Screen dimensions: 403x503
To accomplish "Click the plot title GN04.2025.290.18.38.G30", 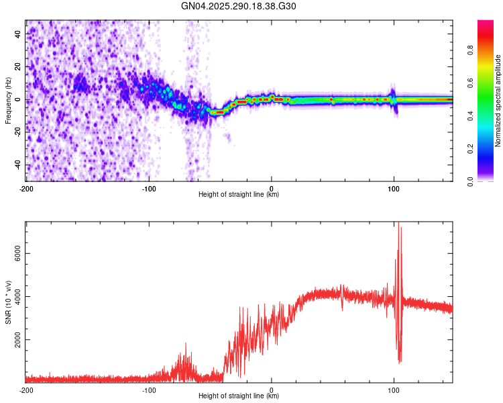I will (x=239, y=7).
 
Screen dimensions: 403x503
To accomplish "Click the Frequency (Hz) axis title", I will (x=8, y=100).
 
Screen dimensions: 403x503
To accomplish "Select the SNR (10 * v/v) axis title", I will (x=8, y=302).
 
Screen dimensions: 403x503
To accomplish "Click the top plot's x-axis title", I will (x=239, y=194).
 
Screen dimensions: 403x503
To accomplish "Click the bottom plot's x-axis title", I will (x=239, y=396).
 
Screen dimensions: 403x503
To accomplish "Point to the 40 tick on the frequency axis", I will (x=17, y=33).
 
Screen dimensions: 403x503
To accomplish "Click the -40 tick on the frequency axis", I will (x=16, y=165).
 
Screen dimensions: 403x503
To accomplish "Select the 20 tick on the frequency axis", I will (x=17, y=66).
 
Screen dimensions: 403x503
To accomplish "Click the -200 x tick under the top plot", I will (x=26, y=187).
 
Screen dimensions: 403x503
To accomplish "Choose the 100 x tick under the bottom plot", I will (x=394, y=389).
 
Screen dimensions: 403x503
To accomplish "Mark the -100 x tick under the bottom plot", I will (x=149, y=389).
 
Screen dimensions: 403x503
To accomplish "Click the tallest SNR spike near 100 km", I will (x=398, y=224).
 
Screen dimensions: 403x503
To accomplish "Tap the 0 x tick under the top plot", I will (x=272, y=187).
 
